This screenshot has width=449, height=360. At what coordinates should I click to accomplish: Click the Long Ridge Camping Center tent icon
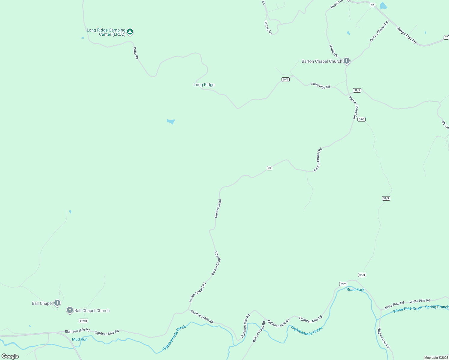point(130,31)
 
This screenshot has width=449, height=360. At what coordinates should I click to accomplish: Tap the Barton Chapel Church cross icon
point(347,61)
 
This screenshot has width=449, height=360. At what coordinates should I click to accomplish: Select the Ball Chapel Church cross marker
point(70,310)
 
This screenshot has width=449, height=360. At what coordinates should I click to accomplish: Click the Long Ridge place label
point(204,85)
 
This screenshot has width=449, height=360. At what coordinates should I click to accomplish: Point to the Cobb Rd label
point(136,53)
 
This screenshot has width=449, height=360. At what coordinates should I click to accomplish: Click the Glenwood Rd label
point(218,208)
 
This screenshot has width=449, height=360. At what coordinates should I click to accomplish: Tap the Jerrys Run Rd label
point(407,35)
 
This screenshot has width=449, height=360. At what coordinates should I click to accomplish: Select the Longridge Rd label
point(321,85)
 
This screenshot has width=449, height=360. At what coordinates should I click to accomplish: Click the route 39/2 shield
point(285,79)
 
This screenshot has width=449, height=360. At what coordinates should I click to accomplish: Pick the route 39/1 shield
point(357,90)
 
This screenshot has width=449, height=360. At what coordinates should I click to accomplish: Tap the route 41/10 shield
point(83,321)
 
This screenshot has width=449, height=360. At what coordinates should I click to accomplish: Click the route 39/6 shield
point(343,284)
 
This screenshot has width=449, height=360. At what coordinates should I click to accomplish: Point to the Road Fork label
point(355,289)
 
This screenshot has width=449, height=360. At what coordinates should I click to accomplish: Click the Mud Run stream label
point(80,339)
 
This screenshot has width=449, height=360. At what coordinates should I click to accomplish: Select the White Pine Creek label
point(408,309)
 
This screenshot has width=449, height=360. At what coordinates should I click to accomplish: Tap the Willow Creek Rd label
point(259,331)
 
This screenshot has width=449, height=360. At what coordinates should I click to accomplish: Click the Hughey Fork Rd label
point(384,338)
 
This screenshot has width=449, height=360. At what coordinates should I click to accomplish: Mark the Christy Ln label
point(268,27)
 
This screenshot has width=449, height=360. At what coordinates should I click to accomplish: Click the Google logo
point(10,356)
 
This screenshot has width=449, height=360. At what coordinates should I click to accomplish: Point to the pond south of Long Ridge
point(171,121)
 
